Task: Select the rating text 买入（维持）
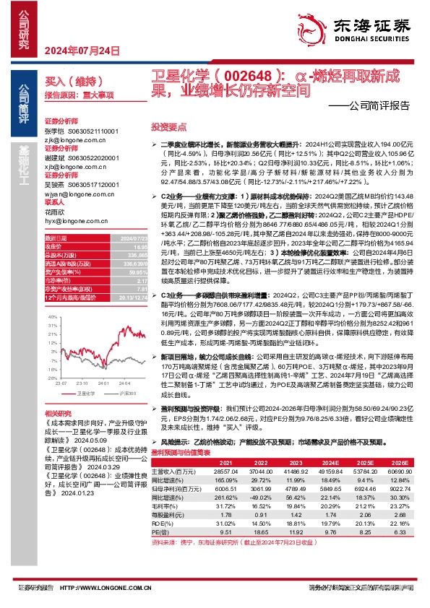coord(69,82)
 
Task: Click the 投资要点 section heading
coord(164,125)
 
